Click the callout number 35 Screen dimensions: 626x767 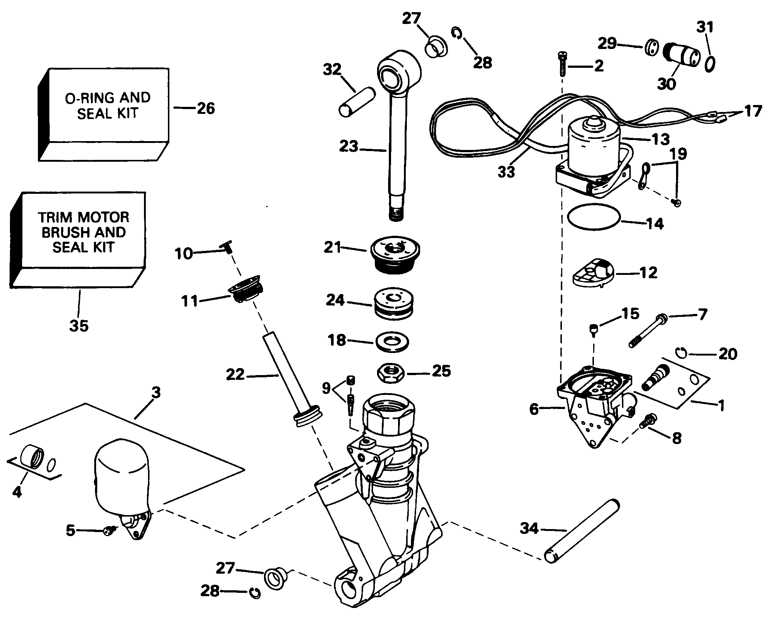pyautogui.click(x=79, y=326)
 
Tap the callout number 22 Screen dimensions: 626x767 pyautogui.click(x=236, y=375)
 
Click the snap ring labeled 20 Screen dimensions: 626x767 pyautogui.click(x=682, y=353)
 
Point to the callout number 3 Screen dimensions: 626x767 pyautogui.click(x=156, y=393)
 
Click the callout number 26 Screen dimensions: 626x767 pyautogui.click(x=206, y=108)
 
